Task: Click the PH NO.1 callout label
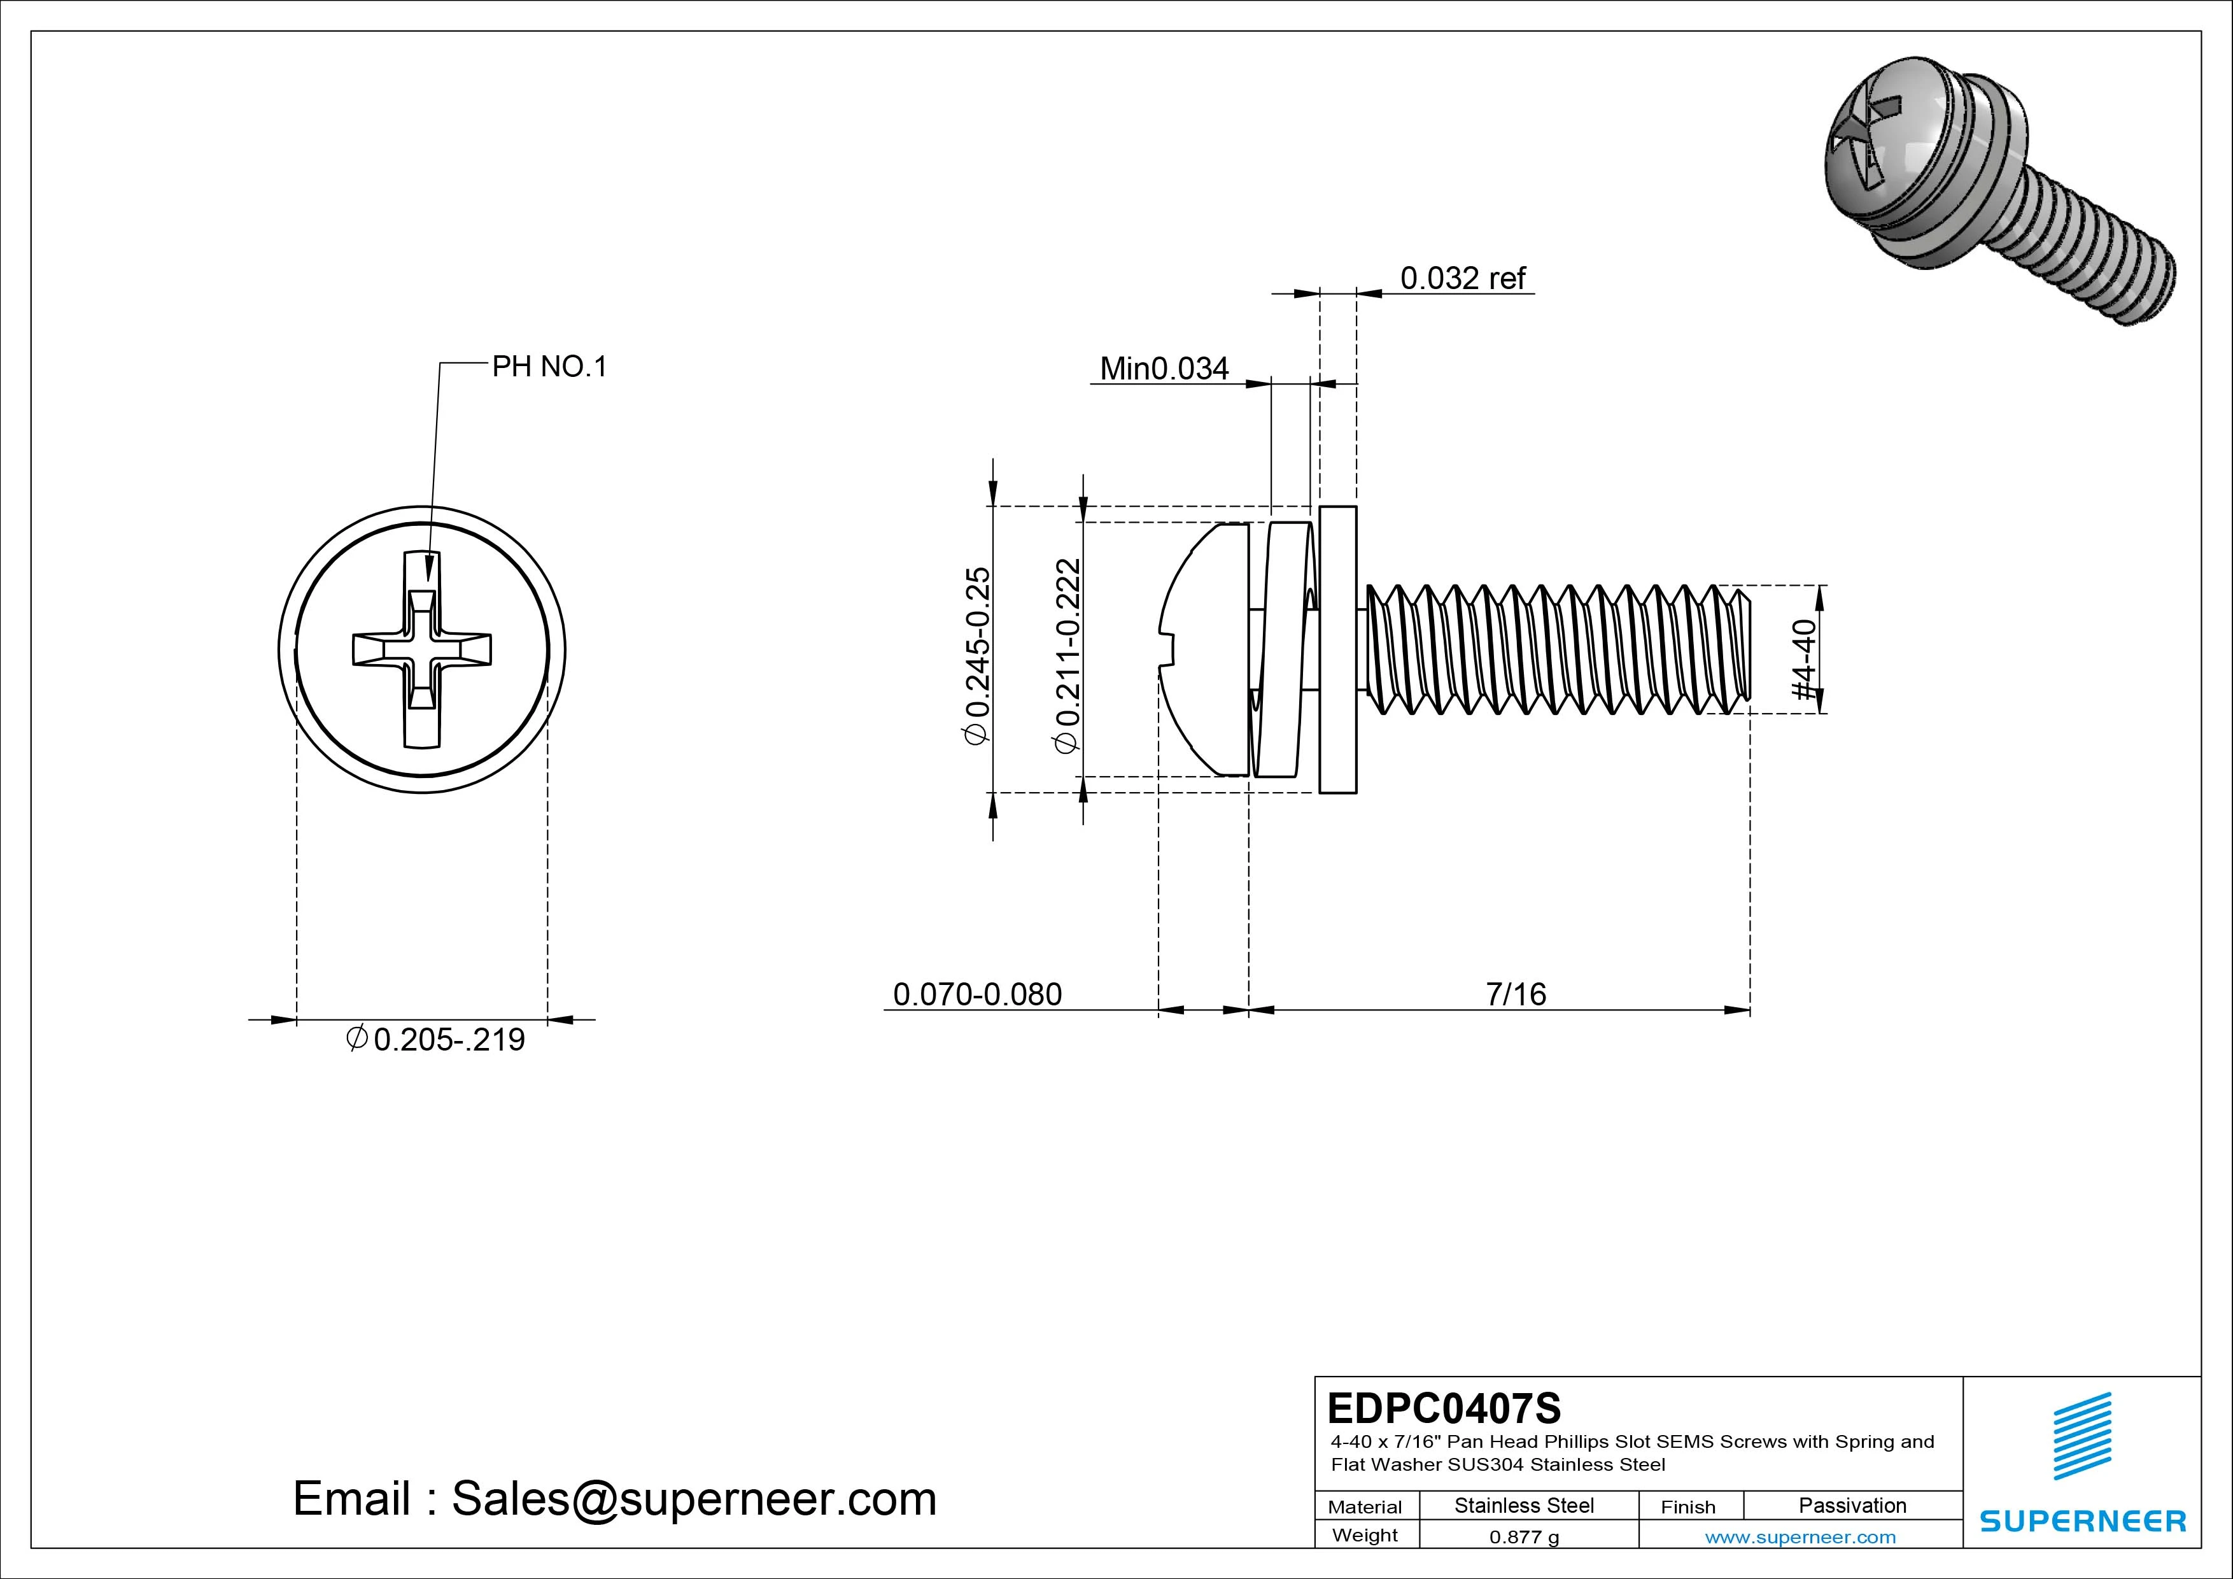click(x=549, y=367)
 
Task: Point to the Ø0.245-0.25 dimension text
click(x=978, y=655)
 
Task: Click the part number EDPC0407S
click(x=1443, y=1408)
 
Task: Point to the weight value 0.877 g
click(x=1524, y=1537)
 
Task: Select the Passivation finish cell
click(x=1852, y=1505)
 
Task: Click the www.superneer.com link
click(x=1800, y=1537)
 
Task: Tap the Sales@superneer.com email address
click(x=693, y=1498)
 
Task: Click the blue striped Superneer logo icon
click(x=2082, y=1435)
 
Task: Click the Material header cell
click(x=1365, y=1506)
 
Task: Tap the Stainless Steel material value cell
click(x=1524, y=1505)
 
